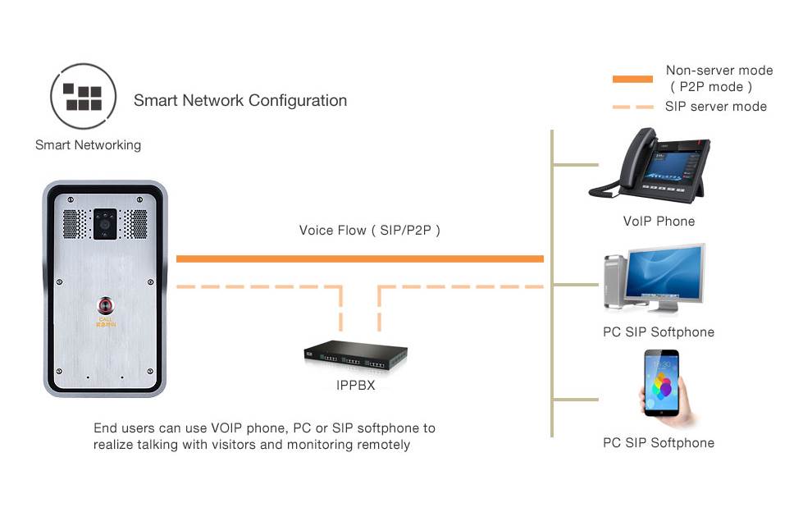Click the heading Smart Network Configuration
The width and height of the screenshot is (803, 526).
[x=240, y=101]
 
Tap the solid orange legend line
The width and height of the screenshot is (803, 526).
[x=632, y=79]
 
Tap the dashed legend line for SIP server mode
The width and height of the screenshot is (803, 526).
[x=632, y=107]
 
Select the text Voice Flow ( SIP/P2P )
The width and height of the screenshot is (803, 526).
[x=370, y=231]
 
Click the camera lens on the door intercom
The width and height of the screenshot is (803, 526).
[x=105, y=222]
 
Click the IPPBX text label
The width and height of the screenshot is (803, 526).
[x=355, y=384]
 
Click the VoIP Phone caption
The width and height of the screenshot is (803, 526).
[x=659, y=221]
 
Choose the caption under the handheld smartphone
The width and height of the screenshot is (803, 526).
[x=659, y=443]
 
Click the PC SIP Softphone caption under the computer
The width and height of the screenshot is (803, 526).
[x=659, y=332]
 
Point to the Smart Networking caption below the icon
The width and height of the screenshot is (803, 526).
[x=88, y=145]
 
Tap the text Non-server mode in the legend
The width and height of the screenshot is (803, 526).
[x=719, y=71]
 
